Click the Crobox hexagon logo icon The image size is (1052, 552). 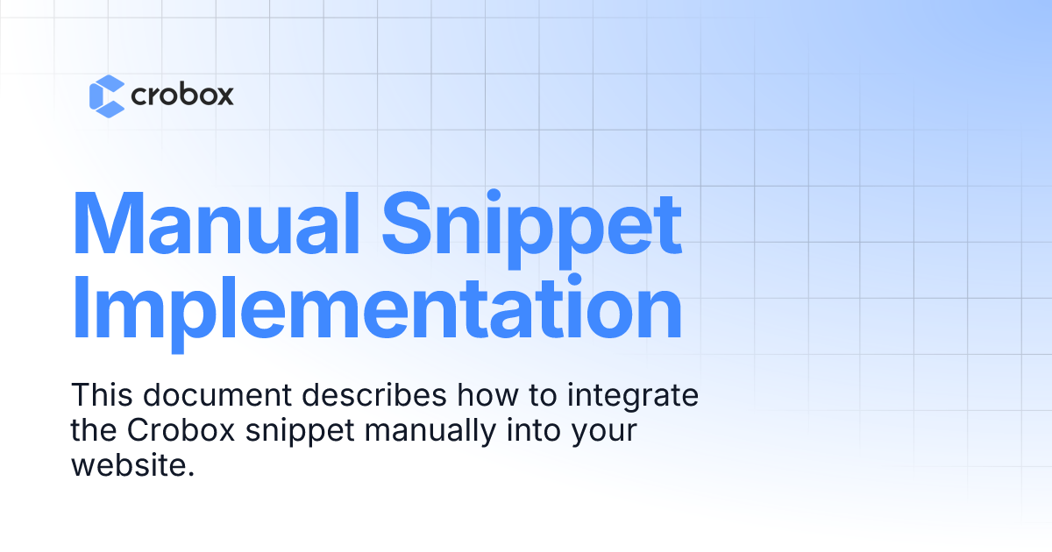(107, 96)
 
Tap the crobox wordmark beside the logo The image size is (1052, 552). (182, 95)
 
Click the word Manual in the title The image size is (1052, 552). (216, 223)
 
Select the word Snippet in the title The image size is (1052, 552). (531, 229)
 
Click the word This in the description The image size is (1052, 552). (102, 395)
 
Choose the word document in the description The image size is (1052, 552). (217, 395)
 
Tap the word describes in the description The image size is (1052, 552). (374, 395)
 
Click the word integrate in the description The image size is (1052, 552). (633, 398)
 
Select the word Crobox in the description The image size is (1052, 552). (181, 430)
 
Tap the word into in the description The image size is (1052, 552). (534, 430)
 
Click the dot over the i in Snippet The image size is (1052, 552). (494, 195)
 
